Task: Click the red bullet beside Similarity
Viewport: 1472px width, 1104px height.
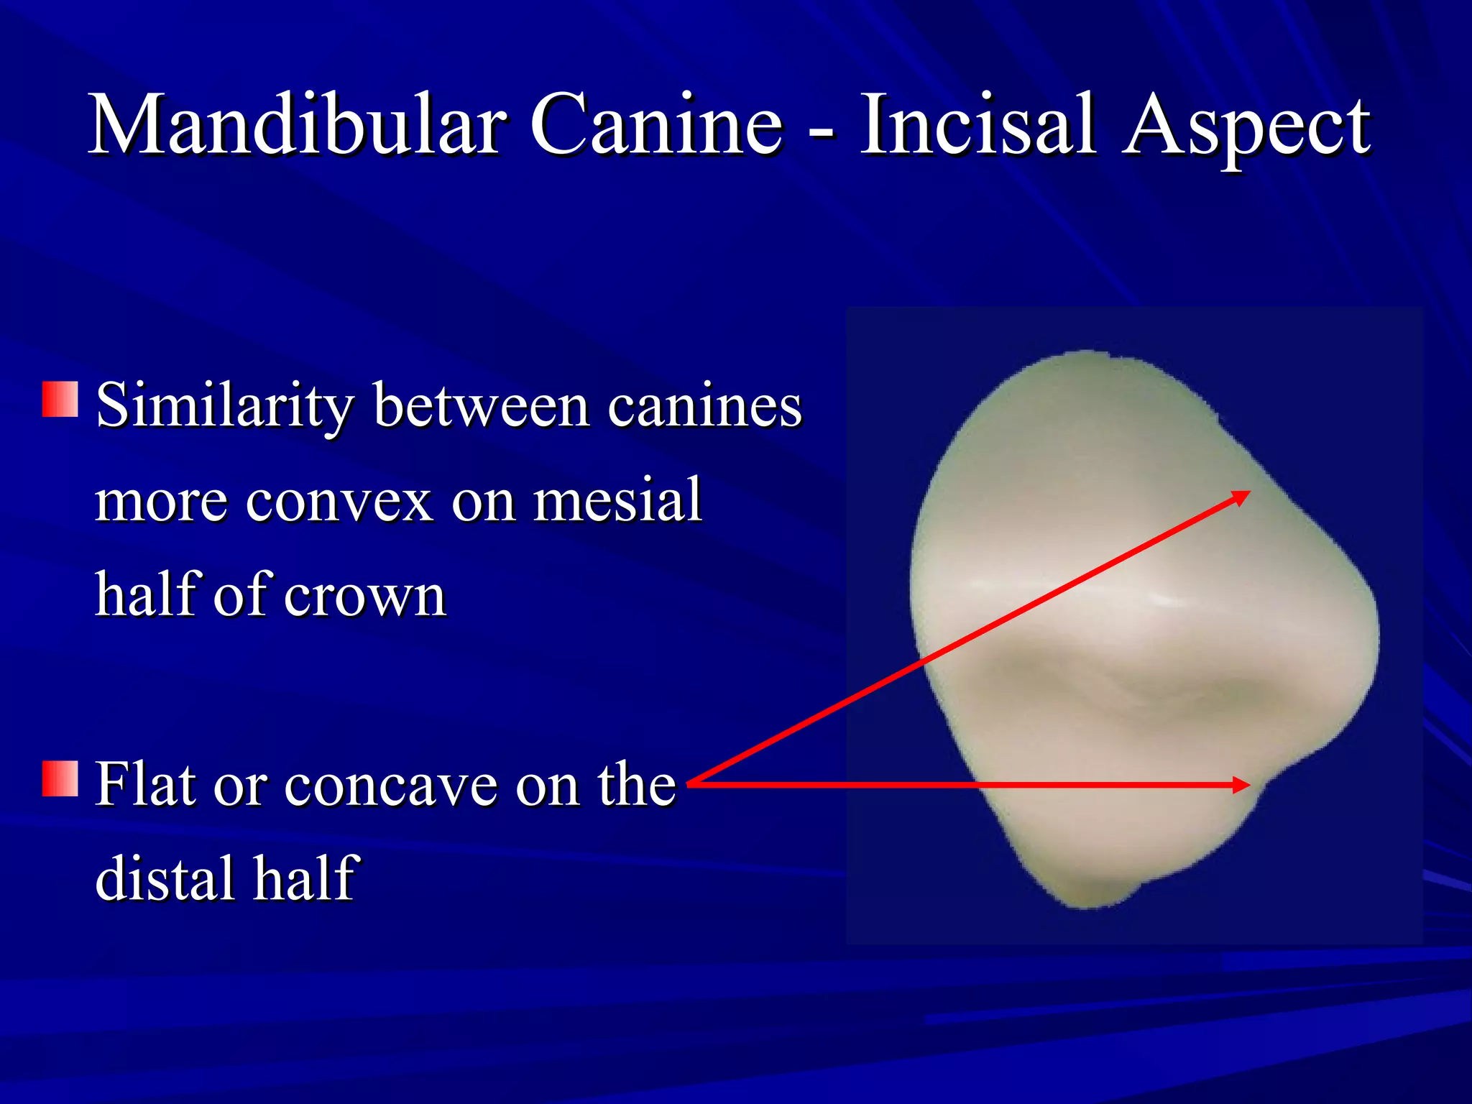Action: pos(60,400)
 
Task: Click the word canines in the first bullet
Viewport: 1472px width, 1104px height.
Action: pos(704,406)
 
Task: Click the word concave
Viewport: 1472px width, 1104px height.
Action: pos(391,785)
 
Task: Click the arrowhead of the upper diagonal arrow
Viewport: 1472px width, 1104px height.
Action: pos(1241,497)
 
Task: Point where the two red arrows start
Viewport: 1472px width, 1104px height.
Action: pos(691,783)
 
